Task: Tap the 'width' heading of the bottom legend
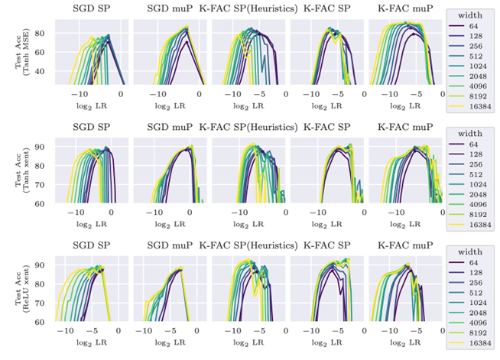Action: point(469,252)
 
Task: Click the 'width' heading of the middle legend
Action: point(469,134)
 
